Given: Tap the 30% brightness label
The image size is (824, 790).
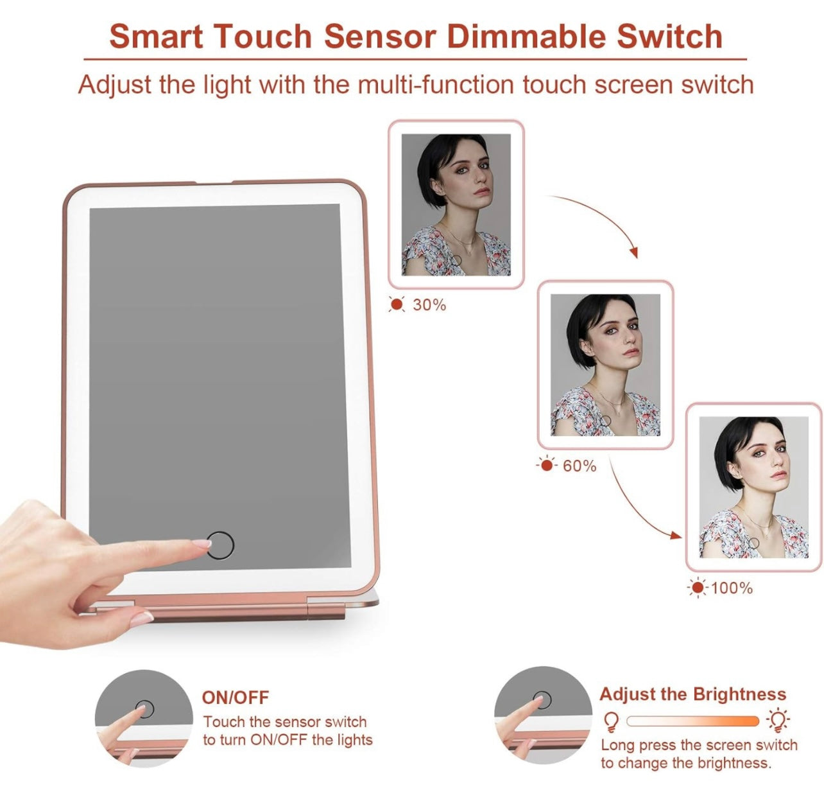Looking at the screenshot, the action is tap(429, 304).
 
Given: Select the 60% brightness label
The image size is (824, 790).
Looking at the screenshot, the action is tap(579, 466).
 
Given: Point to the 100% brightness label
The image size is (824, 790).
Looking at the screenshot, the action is tap(732, 588).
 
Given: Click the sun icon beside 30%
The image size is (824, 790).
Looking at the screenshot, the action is tap(397, 304).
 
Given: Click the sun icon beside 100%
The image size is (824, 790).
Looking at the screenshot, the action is tap(698, 588).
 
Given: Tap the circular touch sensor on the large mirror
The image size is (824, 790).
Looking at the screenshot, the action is tap(220, 545).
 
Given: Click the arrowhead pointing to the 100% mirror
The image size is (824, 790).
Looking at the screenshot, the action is tap(676, 536).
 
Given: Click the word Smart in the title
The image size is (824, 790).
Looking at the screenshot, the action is tap(156, 36).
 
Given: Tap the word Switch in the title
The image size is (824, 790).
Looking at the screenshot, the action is tap(669, 36).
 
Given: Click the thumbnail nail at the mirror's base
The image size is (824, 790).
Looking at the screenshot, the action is tap(141, 619).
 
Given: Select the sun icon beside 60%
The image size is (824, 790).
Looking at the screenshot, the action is tap(546, 466).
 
